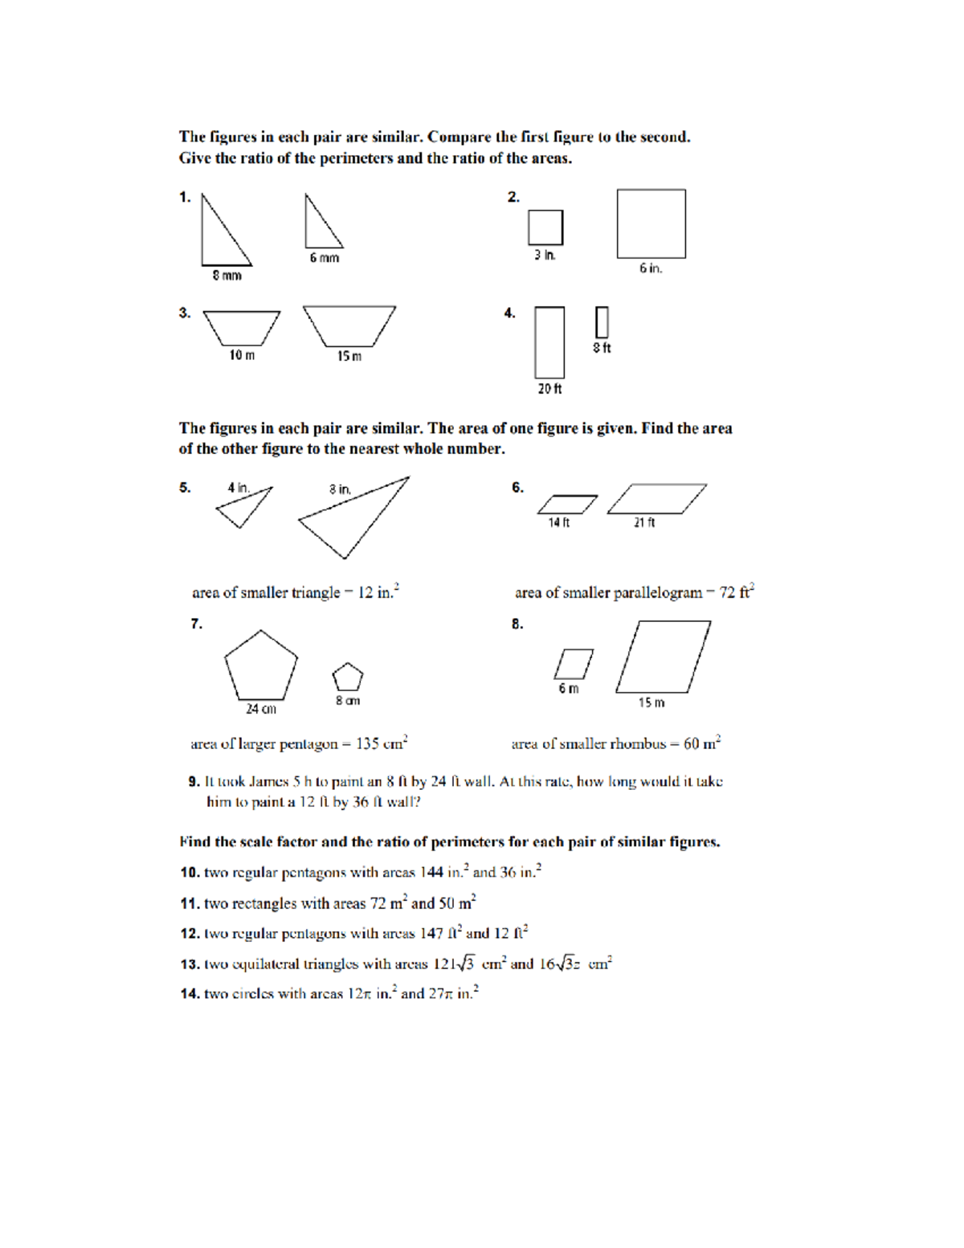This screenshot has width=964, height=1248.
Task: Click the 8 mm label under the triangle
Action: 227,276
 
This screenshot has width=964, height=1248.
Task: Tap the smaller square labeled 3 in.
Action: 545,227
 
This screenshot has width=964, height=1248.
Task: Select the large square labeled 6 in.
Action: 651,223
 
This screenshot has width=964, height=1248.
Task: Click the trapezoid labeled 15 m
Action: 349,325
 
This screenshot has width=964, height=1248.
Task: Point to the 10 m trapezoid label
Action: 242,355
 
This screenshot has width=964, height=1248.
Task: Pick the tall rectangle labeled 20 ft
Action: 549,342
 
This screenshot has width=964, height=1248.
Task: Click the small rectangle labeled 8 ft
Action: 602,322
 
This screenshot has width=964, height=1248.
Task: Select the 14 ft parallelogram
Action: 567,505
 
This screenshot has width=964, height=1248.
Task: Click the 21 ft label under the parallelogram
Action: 644,523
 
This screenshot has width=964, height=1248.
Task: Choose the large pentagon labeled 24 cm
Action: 260,667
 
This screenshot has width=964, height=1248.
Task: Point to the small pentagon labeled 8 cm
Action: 348,677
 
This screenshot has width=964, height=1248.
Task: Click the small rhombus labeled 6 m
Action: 574,664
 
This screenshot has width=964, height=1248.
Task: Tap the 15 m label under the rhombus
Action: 652,703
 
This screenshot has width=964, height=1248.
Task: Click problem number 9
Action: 194,781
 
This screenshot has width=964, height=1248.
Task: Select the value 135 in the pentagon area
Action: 367,744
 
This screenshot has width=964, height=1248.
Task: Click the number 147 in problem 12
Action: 431,934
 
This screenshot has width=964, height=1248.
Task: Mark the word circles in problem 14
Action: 255,994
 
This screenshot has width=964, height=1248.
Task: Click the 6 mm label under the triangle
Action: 325,258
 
